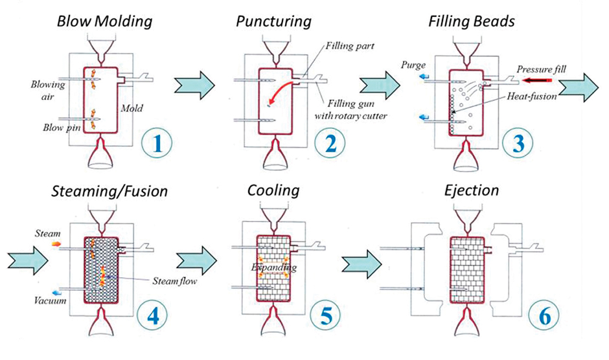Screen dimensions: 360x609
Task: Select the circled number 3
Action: coord(516,143)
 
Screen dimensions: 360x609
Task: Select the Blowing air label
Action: coord(47,89)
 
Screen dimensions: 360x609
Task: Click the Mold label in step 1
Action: coord(132,109)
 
